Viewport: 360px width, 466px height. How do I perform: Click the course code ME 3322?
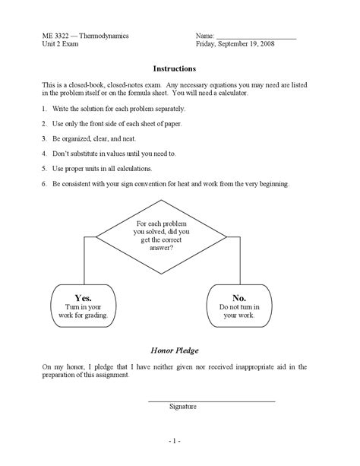click(x=55, y=36)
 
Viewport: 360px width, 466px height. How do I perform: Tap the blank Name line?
click(x=256, y=37)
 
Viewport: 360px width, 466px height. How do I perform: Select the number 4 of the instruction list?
click(x=45, y=153)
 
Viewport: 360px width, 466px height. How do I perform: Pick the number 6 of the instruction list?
click(x=45, y=184)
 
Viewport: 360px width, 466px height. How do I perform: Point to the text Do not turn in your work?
click(x=239, y=310)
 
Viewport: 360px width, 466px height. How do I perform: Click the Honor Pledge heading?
click(x=175, y=351)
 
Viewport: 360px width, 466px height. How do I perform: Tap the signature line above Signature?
click(x=210, y=400)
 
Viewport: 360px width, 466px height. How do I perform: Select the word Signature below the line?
click(x=183, y=407)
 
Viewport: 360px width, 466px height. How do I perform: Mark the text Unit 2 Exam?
click(x=62, y=45)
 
